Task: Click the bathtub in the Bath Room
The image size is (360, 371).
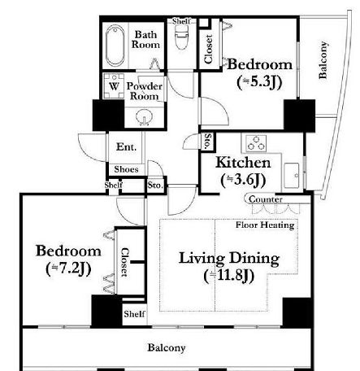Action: tap(115, 46)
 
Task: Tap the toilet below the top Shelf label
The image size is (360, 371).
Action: tap(181, 37)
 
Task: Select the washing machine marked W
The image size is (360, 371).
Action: tap(114, 86)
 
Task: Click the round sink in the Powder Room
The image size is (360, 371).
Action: tap(144, 117)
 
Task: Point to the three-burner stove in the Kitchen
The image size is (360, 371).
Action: tap(256, 143)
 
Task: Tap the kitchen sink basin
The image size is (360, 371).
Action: tap(292, 175)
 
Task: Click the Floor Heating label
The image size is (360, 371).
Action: tap(265, 225)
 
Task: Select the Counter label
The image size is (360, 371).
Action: tap(266, 199)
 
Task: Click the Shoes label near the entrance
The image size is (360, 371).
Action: tap(126, 169)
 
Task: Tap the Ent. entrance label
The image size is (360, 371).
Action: tap(126, 146)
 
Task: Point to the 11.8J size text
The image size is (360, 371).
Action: tap(229, 276)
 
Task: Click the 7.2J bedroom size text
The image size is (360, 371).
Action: tap(68, 268)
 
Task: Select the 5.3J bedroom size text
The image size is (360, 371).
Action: tap(259, 82)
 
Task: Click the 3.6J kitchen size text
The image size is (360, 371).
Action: tap(243, 180)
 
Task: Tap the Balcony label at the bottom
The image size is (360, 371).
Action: tap(167, 347)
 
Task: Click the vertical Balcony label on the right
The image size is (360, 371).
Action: tap(323, 60)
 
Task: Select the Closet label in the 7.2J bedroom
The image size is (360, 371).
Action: tap(124, 262)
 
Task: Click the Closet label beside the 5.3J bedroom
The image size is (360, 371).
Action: tap(208, 49)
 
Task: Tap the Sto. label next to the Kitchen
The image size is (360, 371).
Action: tap(208, 141)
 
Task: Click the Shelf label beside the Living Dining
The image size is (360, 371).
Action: tap(135, 314)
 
